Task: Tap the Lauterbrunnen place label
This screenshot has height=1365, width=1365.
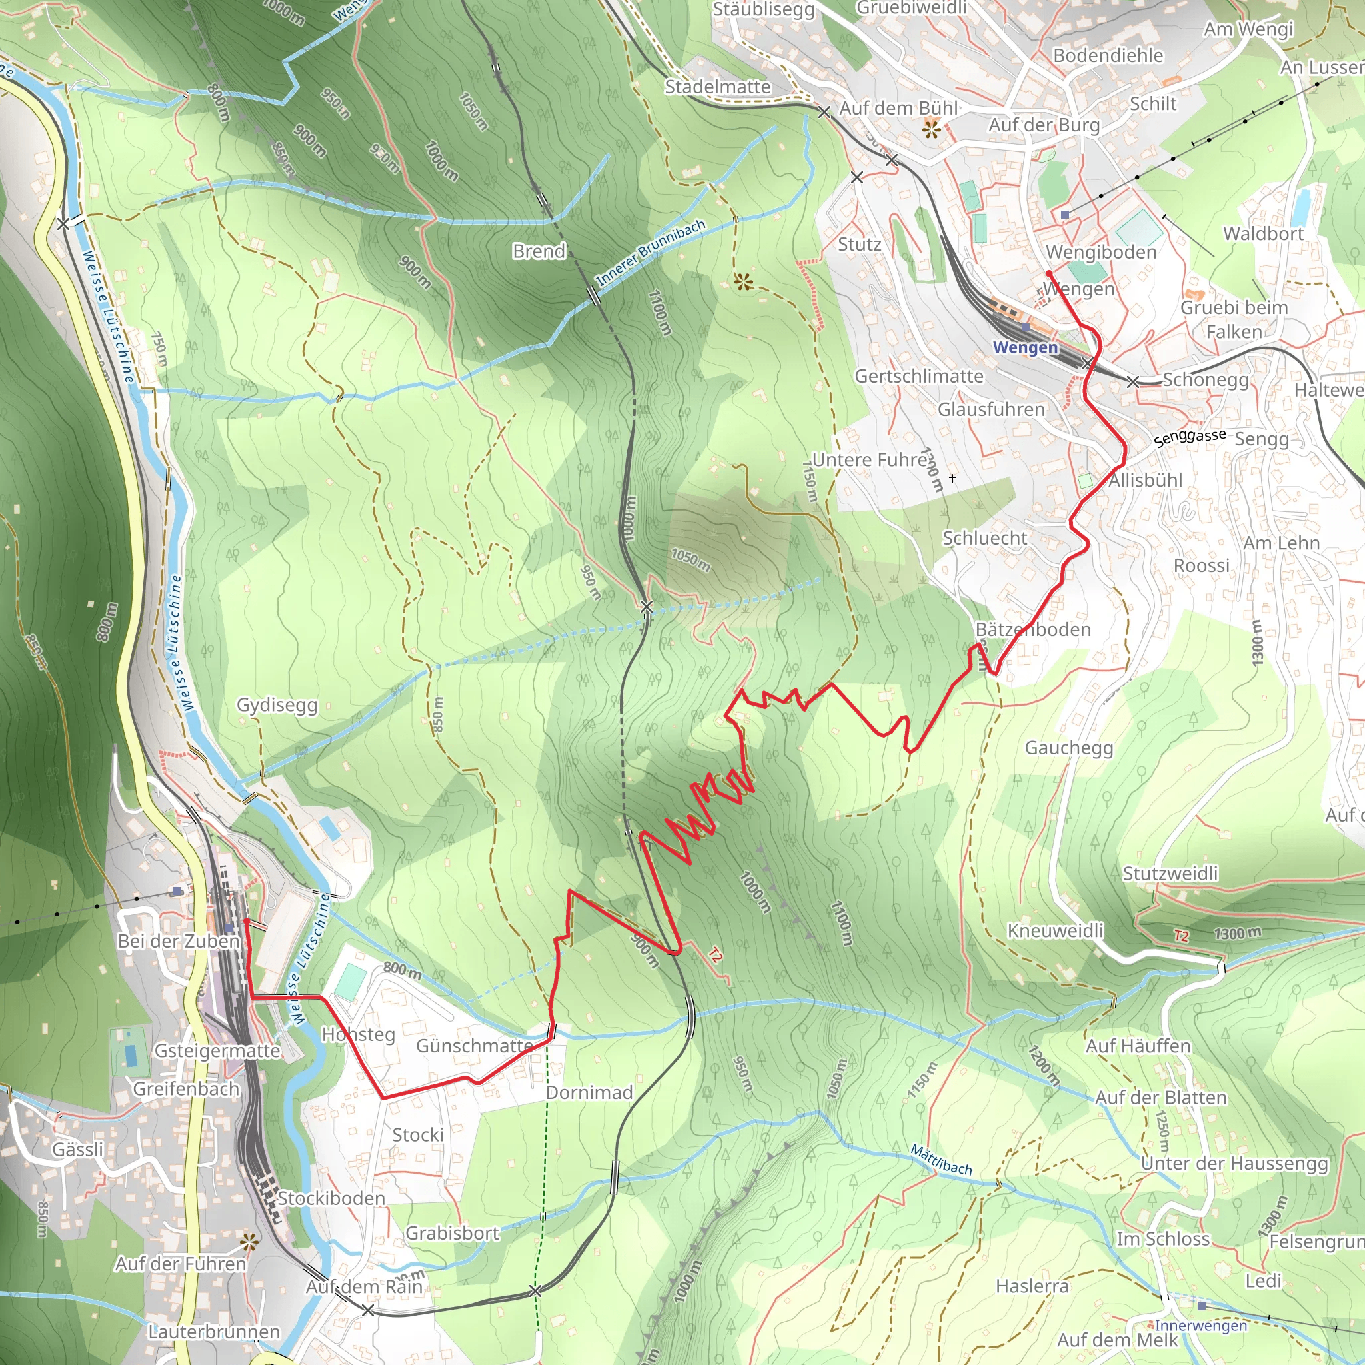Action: (x=214, y=1332)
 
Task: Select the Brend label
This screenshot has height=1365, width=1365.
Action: (x=539, y=251)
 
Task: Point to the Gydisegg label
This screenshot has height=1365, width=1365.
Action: (x=277, y=705)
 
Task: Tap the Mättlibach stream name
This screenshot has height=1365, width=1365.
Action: (x=940, y=1160)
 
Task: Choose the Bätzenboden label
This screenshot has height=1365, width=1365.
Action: (x=1033, y=629)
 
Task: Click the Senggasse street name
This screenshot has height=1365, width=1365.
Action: (x=1190, y=437)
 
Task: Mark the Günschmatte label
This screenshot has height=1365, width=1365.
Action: (x=474, y=1046)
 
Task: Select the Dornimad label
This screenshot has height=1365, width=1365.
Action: (x=589, y=1092)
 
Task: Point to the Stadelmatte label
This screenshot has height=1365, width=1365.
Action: (x=718, y=87)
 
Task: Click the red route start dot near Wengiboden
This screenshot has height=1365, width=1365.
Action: (x=1049, y=273)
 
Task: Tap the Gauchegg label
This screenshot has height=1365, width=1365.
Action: (x=1069, y=748)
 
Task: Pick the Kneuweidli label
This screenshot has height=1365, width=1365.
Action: (x=1056, y=930)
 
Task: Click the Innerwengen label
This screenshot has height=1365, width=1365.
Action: (x=1200, y=1326)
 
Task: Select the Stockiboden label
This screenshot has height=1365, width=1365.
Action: (x=331, y=1198)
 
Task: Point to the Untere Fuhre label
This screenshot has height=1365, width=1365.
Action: (x=870, y=460)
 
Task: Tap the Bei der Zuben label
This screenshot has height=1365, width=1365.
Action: (x=179, y=941)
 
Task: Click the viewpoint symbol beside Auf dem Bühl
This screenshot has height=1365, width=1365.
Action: (x=932, y=129)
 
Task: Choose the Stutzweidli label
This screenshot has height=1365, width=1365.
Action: (x=1170, y=873)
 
